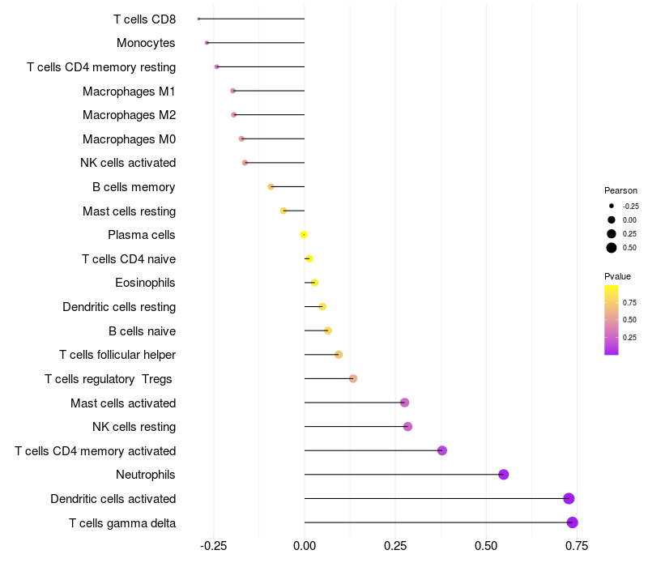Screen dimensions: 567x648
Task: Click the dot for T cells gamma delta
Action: coord(573,522)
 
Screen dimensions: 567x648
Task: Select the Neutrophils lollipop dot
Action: coord(504,475)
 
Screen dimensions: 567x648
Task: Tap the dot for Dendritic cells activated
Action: coord(569,498)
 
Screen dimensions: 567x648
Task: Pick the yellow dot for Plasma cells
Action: coord(304,235)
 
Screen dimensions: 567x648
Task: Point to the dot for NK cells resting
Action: coord(407,427)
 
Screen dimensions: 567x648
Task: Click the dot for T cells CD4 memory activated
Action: coord(442,450)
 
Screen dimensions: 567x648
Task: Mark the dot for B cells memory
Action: coord(271,187)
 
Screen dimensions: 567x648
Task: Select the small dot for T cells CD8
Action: coord(198,19)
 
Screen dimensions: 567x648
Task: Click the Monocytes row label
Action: coord(146,43)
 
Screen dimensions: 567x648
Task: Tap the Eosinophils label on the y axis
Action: coord(146,283)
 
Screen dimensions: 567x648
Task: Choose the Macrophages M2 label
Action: coord(129,115)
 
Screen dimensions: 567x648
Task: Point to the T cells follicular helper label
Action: coord(117,355)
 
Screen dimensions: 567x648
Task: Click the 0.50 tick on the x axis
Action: coord(486,546)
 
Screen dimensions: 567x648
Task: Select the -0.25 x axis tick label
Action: coord(213,546)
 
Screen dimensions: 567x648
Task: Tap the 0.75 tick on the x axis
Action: coord(577,546)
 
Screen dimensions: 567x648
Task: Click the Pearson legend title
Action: coord(620,190)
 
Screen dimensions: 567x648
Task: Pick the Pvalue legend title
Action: coord(617,276)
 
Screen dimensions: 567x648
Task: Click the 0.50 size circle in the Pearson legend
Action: coord(612,248)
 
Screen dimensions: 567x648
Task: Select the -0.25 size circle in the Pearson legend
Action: coord(612,206)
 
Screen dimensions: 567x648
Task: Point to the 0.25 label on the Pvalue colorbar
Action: coord(629,338)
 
